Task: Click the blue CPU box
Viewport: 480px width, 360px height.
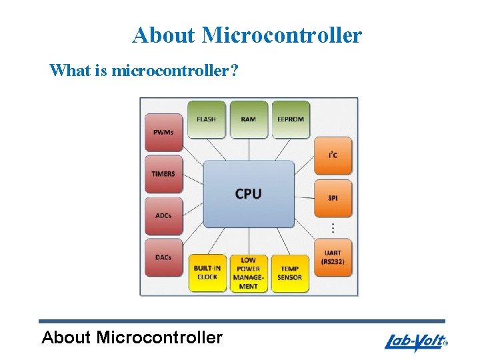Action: coord(248,193)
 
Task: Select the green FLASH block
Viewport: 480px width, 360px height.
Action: coord(206,120)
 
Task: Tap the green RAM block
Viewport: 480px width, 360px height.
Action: coord(248,120)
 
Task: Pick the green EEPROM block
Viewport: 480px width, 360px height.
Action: coord(291,120)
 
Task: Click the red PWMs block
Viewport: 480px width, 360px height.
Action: coord(163,132)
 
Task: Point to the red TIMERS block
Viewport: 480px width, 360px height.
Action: coord(163,174)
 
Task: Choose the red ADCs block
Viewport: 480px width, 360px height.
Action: coord(163,216)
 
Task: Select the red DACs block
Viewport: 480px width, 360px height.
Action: coord(163,258)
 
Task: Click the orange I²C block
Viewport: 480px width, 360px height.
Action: coord(333,156)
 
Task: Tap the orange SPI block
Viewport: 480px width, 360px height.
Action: coord(333,198)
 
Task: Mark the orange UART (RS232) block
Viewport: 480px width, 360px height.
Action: coord(333,257)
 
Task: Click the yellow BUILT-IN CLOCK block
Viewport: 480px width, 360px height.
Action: coord(207,273)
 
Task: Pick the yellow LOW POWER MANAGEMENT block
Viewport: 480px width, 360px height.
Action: coord(248,273)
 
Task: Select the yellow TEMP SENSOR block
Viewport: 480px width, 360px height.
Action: coord(290,273)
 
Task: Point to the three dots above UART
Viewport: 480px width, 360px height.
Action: coord(333,228)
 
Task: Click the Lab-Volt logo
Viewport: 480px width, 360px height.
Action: coord(415,343)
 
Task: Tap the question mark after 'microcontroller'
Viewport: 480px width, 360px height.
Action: coord(233,70)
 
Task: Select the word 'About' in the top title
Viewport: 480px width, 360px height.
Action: coord(163,35)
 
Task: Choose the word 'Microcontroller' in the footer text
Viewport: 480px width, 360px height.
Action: coord(159,337)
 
